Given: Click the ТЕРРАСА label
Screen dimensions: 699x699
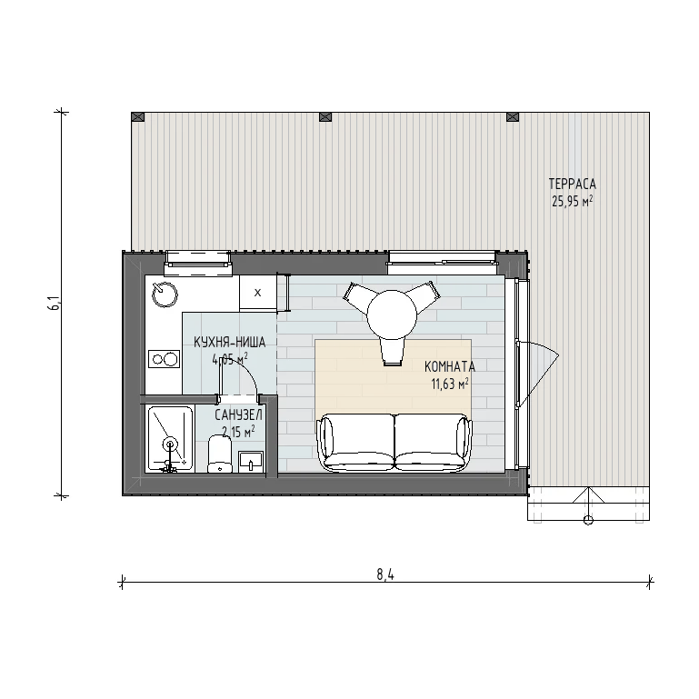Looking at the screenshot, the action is tap(572, 184).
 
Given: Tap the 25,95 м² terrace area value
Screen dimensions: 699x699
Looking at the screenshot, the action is tap(573, 202).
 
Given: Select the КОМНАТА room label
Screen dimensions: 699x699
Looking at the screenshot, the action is tap(450, 366).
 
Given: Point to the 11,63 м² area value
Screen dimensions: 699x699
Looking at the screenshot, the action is tap(450, 384).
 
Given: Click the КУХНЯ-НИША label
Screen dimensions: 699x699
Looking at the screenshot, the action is tap(230, 342).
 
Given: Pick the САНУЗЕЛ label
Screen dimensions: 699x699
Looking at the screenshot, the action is tap(238, 415).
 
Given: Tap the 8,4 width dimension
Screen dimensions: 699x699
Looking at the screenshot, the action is tap(385, 574).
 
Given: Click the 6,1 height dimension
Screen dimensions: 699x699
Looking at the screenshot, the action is tap(55, 305).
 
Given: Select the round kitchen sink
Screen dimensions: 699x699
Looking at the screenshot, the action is tap(165, 295).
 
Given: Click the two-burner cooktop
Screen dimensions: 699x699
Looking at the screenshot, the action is tap(164, 359).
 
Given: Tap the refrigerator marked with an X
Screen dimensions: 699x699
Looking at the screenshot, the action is tap(257, 293).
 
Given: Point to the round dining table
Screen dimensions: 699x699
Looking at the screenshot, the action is tap(392, 315).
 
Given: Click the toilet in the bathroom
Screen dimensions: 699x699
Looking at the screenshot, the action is tap(220, 454).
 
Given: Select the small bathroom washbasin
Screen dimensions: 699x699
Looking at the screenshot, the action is tap(251, 462).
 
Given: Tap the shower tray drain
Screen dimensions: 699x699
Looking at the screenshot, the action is tap(169, 444).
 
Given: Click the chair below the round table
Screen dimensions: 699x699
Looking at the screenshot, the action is tap(393, 351).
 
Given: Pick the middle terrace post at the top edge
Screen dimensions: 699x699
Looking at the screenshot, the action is tap(326, 117).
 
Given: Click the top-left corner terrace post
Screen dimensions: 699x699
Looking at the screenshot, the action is tap(138, 117).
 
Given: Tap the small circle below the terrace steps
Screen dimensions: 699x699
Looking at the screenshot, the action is tap(588, 520).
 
